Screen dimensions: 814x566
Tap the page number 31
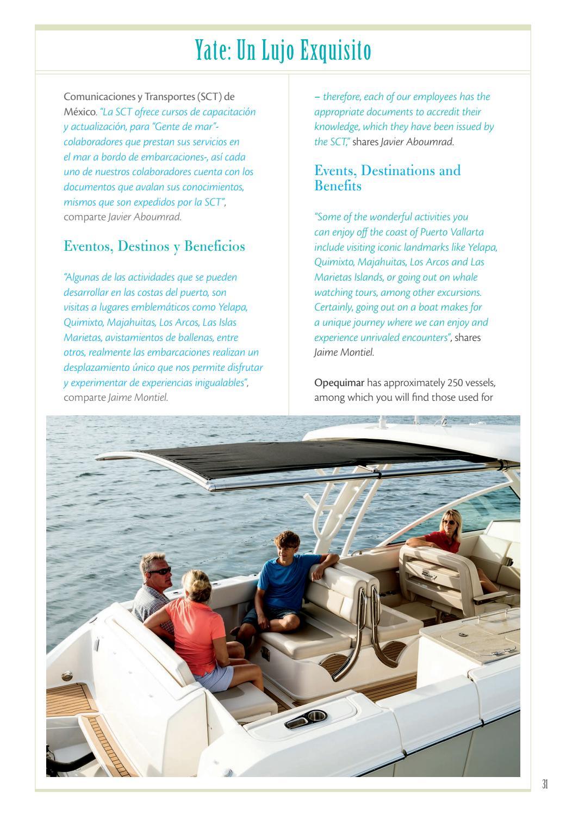point(545,784)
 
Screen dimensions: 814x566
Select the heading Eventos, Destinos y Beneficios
point(154,246)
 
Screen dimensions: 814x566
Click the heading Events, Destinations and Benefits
point(387,178)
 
